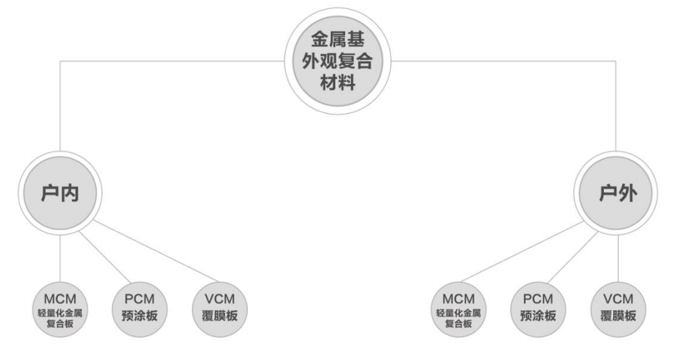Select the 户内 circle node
point(59,194)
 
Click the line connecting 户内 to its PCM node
point(102,254)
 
